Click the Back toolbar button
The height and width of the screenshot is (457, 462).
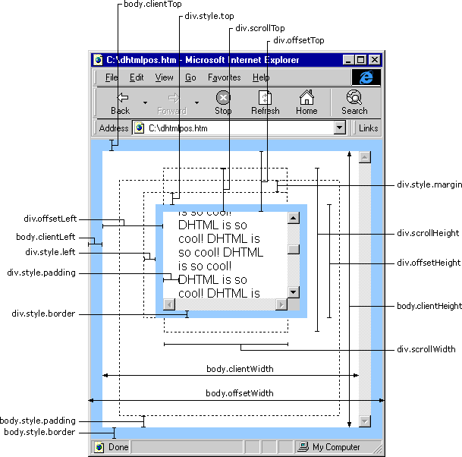tap(120, 102)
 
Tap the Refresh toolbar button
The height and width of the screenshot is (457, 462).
tap(265, 102)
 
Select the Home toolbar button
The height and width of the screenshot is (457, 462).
tap(306, 102)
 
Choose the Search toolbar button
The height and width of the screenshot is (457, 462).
tap(354, 102)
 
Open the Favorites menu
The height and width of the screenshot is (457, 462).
tap(224, 77)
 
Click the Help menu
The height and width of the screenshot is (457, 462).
tap(261, 77)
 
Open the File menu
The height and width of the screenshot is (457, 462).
tap(112, 77)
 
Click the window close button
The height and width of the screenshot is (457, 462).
tap(375, 59)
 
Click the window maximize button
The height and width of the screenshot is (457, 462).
tap(361, 59)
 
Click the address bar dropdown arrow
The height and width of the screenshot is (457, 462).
tap(339, 128)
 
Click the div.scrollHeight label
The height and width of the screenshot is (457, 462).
tap(428, 233)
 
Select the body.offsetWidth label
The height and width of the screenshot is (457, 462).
tap(240, 393)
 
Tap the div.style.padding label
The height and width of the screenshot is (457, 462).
tap(41, 273)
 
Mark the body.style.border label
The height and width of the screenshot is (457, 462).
tap(39, 432)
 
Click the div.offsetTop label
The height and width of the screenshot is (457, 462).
tap(299, 40)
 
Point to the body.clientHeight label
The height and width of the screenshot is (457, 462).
tap(429, 306)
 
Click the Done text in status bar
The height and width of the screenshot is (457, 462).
tap(118, 447)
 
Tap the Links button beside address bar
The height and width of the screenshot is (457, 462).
tap(369, 128)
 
